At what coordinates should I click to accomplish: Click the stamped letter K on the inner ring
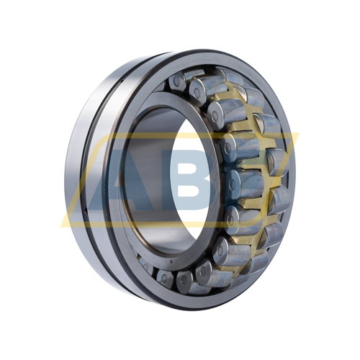(x=171, y=261)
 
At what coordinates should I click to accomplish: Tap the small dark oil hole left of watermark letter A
(x=86, y=212)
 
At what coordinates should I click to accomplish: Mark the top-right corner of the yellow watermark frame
(x=300, y=132)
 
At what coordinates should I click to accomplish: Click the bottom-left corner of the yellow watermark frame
(x=60, y=227)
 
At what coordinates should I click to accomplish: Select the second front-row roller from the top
(x=197, y=92)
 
